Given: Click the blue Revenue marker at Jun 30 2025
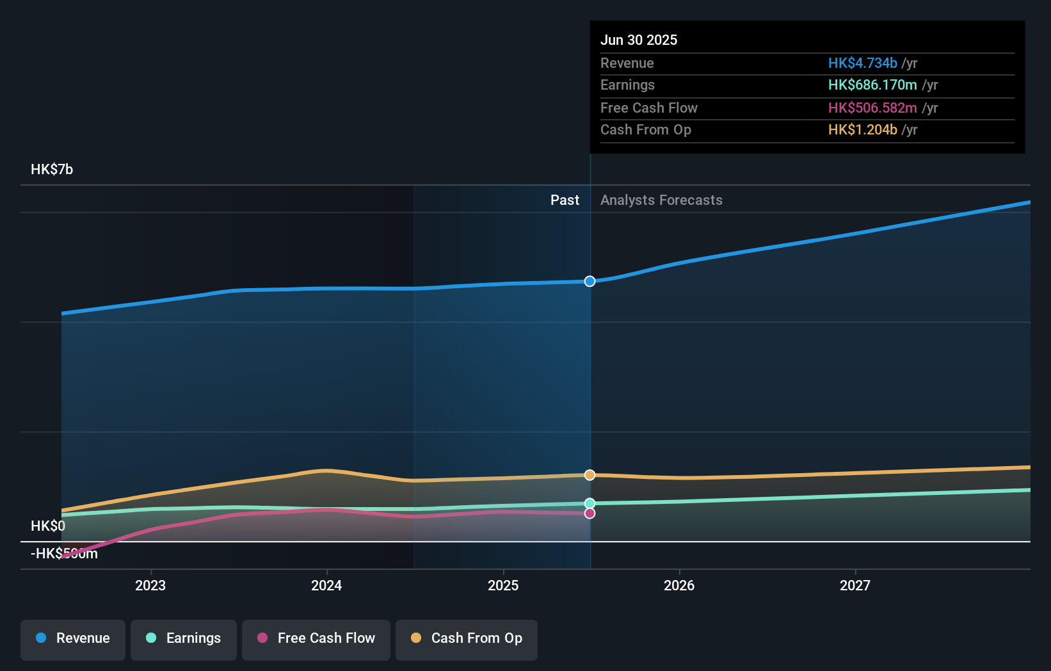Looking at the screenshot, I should click(x=590, y=281).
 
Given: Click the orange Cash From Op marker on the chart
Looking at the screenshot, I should click(x=590, y=475).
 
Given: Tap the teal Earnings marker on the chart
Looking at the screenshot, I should click(x=590, y=503).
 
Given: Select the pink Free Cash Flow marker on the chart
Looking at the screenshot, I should click(x=590, y=513).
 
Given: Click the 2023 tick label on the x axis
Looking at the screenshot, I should click(x=150, y=585).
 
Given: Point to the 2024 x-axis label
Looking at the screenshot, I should click(x=326, y=585).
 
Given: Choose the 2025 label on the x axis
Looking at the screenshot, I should click(x=503, y=585).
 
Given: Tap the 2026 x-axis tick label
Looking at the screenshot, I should click(x=679, y=585).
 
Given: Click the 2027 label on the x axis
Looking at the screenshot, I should click(x=855, y=585).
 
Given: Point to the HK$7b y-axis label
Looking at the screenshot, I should click(x=52, y=169).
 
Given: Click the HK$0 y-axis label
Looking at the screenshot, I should click(x=48, y=526).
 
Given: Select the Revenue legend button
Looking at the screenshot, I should click(x=73, y=638).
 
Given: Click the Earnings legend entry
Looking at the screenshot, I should click(x=184, y=638).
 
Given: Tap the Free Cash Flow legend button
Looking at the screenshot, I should click(x=316, y=638).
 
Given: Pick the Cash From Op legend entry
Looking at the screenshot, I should click(x=467, y=638).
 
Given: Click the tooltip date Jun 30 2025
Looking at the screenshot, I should click(x=639, y=40).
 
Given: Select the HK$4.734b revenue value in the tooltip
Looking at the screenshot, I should click(x=862, y=63).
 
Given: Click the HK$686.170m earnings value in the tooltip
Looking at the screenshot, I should click(x=872, y=85).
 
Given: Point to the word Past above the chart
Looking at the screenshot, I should click(x=565, y=200).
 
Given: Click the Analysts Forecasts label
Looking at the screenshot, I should click(x=661, y=200).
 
